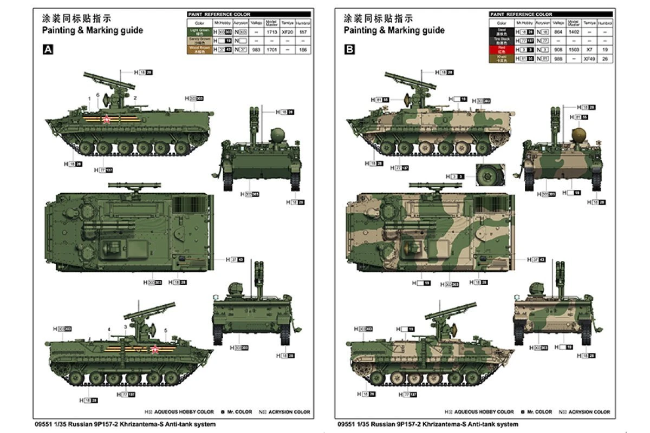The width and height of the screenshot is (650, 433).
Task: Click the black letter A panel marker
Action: (48, 50)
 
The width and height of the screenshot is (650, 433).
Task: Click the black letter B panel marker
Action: (350, 50)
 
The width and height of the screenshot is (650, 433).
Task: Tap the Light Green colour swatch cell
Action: (199, 32)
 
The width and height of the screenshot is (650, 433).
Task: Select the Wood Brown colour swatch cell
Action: (199, 49)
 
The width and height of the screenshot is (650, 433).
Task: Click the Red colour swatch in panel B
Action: (502, 48)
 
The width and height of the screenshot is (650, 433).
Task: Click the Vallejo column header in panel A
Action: (256, 23)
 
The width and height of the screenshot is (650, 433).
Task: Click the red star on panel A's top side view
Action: (107, 120)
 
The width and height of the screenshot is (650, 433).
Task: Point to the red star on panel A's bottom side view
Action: (154, 349)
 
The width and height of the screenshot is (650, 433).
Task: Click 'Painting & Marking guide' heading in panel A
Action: (93, 30)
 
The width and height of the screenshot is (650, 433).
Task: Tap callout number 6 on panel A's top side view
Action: (97, 95)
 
